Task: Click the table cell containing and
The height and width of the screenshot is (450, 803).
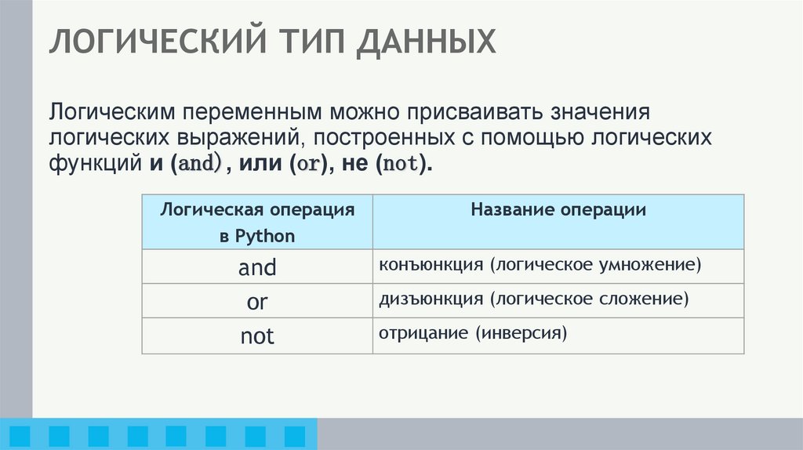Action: point(257,268)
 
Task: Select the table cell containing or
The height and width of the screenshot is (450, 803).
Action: point(257,302)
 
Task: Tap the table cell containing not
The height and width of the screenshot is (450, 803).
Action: point(257,336)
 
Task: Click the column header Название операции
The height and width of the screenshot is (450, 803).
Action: point(558,210)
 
